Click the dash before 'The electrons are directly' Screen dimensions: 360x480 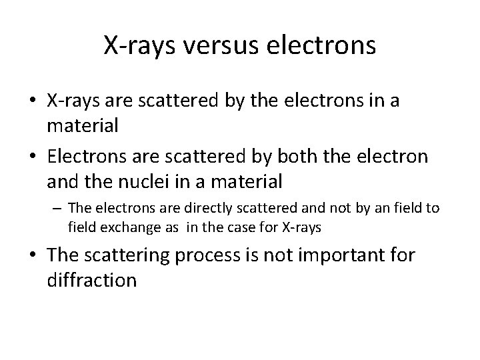pos(58,209)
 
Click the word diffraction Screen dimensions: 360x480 pos(92,279)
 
